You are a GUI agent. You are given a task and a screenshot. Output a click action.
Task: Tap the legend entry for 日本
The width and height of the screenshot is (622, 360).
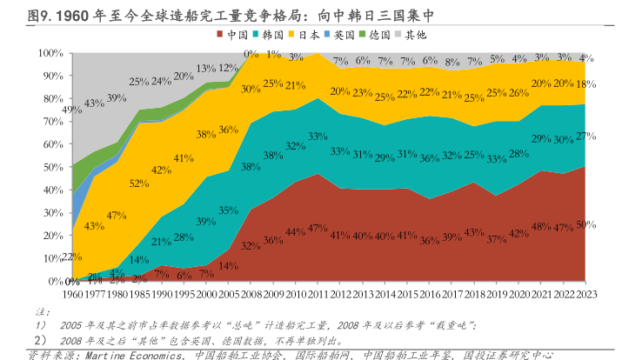pos(304,36)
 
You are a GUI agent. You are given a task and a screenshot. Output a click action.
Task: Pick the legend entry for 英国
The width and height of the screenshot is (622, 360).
pos(339,36)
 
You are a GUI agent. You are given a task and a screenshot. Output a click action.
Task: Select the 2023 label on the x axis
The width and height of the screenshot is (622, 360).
pos(585,295)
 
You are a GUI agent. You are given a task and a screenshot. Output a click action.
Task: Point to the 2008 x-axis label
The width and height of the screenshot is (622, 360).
pos(251,295)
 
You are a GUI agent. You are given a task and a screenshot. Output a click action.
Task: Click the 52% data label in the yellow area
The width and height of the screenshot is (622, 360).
pos(138,183)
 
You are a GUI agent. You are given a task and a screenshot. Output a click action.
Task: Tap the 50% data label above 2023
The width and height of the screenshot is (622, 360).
pos(585,225)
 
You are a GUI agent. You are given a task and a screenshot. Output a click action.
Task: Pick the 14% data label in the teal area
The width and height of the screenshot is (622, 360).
pos(138,260)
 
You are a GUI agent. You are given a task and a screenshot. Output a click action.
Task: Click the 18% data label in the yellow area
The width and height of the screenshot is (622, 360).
pos(585,83)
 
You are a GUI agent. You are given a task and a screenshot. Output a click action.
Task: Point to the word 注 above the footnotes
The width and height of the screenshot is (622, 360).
pos(39,310)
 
